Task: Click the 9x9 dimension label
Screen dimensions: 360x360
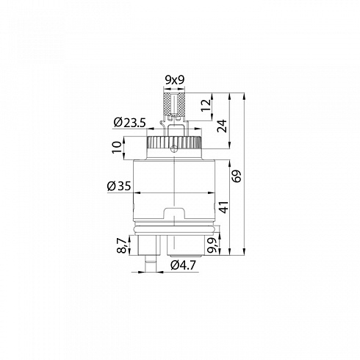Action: coord(174,80)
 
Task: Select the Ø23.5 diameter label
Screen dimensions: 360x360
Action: coord(130,123)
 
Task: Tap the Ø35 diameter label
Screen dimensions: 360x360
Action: coord(119,186)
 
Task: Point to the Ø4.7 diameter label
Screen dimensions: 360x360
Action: coord(184,265)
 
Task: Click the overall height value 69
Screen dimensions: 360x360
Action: coord(237,176)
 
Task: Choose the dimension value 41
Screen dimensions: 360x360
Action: coord(223,207)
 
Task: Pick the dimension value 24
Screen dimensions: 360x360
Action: coord(222,126)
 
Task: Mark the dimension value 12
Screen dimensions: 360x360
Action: coord(206,105)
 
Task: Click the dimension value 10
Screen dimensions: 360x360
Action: coord(117,148)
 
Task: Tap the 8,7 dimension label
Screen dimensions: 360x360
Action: coord(123,246)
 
